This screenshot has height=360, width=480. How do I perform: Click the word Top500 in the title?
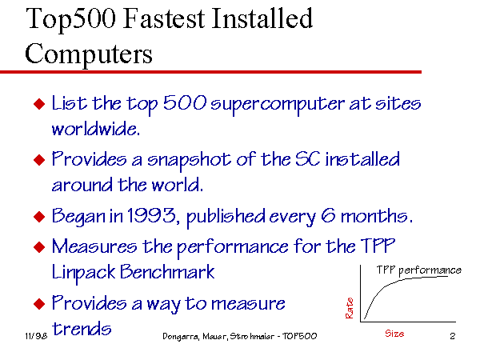[x=71, y=19]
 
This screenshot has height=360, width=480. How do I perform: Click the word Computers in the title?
[x=89, y=54]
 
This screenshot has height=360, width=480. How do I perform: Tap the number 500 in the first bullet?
[x=185, y=102]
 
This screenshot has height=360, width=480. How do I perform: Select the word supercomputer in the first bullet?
[x=278, y=105]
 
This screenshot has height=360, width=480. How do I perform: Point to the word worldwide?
[x=96, y=129]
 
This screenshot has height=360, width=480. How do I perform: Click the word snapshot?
[x=189, y=161]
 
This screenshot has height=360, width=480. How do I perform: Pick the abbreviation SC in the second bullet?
[x=308, y=159]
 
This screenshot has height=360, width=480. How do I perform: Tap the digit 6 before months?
[x=328, y=215]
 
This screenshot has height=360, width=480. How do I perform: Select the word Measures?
[x=94, y=246]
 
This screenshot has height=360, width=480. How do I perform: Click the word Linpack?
[x=83, y=273]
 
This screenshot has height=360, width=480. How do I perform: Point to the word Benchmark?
[x=167, y=272]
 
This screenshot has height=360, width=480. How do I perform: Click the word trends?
[x=82, y=329]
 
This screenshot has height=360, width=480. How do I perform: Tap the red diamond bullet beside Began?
[x=39, y=217]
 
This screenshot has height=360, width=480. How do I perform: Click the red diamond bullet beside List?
[x=39, y=103]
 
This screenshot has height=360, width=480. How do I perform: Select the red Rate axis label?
[x=350, y=308]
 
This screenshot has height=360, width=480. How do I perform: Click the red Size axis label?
[x=394, y=334]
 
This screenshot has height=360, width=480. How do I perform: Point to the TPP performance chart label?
[x=418, y=270]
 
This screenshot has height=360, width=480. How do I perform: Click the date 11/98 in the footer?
[x=36, y=336]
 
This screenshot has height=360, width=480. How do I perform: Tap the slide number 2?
[x=453, y=336]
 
